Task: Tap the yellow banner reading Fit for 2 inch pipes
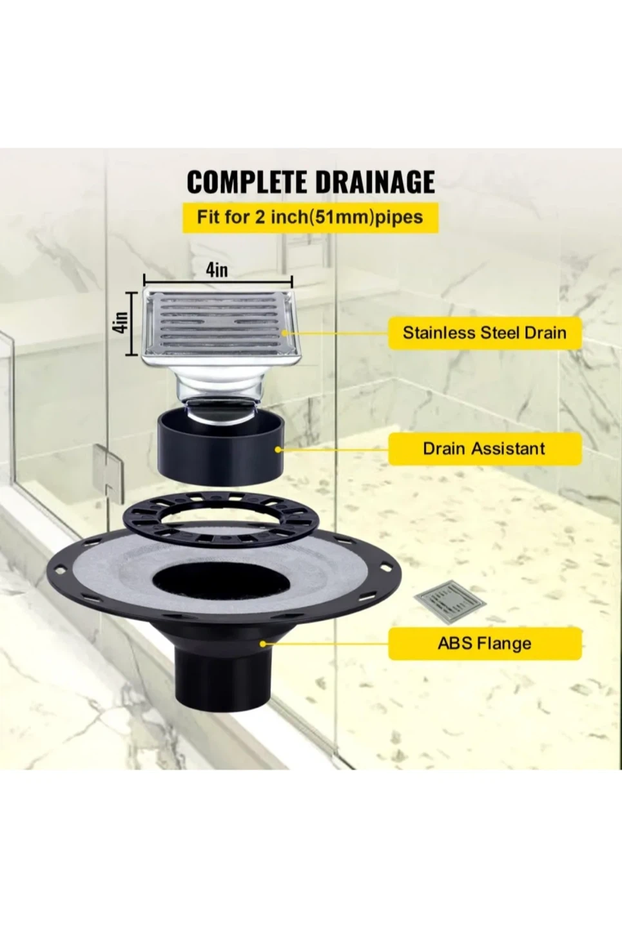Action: point(311,217)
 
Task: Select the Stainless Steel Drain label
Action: point(485,333)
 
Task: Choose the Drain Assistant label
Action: point(485,449)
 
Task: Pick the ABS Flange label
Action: point(485,643)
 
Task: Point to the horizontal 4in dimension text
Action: point(217,271)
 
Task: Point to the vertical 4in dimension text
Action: point(121,322)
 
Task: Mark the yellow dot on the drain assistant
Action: point(278,449)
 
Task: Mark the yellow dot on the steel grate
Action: point(284,333)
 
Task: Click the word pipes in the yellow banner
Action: point(399,217)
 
